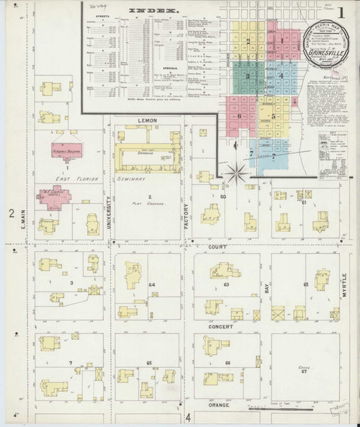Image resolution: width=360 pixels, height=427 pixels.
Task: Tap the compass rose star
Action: (x=235, y=173)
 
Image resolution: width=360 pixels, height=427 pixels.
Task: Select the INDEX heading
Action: (x=153, y=11)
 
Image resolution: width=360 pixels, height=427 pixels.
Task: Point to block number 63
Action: (x=226, y=285)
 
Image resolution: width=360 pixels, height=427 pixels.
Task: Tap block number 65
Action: (x=149, y=363)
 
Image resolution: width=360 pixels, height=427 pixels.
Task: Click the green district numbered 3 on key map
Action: (x=248, y=76)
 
